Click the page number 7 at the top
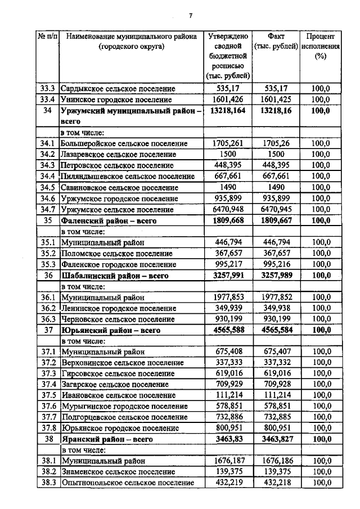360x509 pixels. (x=191, y=15)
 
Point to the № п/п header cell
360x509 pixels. (x=48, y=37)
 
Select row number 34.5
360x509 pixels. (x=48, y=187)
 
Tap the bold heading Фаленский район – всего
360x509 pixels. (x=109, y=221)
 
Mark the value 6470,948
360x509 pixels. (x=228, y=210)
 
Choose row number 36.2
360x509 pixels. (x=48, y=308)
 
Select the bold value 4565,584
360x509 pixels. (x=276, y=331)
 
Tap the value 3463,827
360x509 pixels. (x=276, y=439)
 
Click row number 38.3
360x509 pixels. (x=48, y=483)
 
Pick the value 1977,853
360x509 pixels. (x=228, y=298)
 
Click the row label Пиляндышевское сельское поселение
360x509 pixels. (x=128, y=176)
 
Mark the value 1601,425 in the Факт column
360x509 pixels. (x=276, y=99)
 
